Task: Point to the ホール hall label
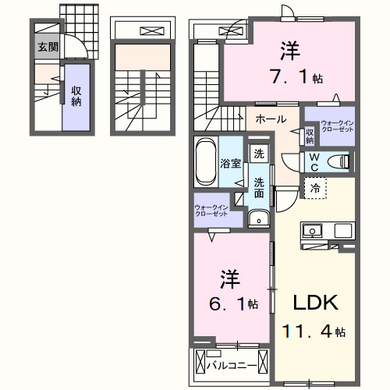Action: (x=270, y=119)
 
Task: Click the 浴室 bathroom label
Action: (x=230, y=164)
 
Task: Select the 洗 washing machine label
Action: (x=257, y=154)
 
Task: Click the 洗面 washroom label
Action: (x=259, y=188)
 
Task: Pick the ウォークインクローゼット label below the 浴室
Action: (x=211, y=211)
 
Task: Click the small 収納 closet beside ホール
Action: (x=310, y=136)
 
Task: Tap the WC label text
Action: (x=314, y=161)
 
